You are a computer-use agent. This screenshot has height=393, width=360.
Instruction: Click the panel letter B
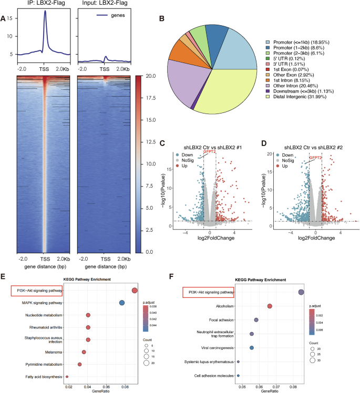pyautogui.click(x=162, y=19)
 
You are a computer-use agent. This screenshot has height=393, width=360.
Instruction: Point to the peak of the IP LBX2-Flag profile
pyautogui.click(x=45, y=12)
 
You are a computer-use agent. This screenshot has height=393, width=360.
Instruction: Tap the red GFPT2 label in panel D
pyautogui.click(x=315, y=157)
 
